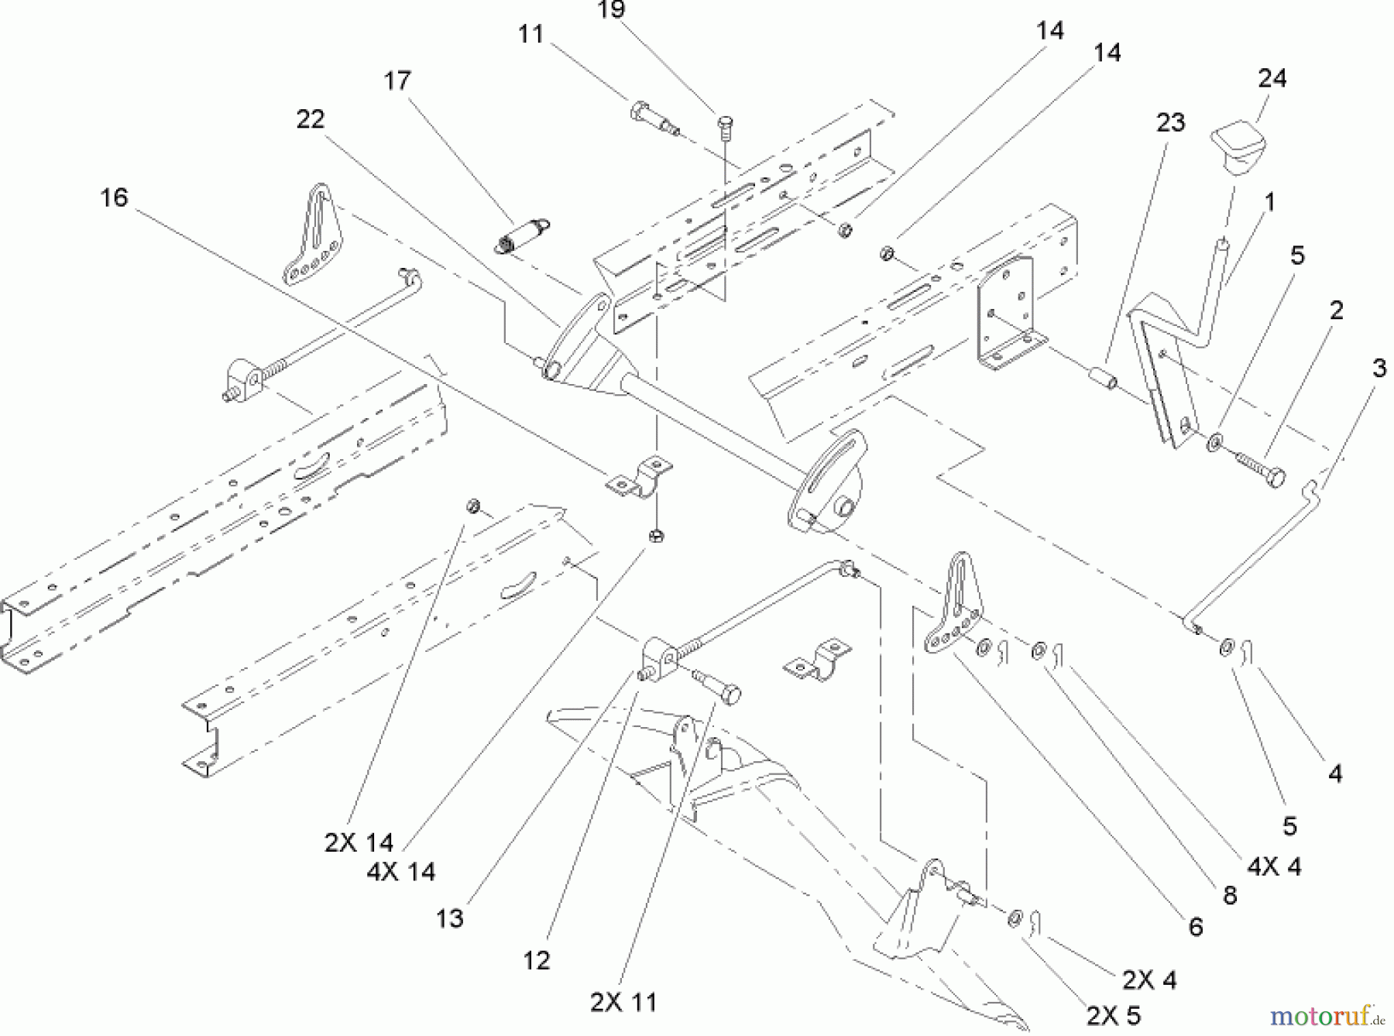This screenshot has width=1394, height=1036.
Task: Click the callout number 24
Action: (1272, 78)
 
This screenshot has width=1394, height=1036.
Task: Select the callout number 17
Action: (397, 81)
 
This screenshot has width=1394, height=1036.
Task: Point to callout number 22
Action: (310, 119)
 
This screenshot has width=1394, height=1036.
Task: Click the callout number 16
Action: (114, 197)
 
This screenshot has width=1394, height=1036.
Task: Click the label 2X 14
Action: (359, 842)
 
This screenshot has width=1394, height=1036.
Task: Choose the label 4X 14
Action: (401, 872)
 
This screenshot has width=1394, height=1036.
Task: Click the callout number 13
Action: (449, 918)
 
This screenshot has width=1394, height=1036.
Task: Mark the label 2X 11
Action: (623, 1002)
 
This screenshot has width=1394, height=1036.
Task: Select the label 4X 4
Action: (1274, 866)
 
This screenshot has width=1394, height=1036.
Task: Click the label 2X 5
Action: (1114, 1015)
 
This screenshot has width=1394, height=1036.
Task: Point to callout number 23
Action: (1170, 122)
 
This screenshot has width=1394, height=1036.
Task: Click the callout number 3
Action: (1379, 369)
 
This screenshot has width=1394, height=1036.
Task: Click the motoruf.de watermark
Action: (1329, 1014)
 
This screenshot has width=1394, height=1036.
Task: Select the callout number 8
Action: (1229, 895)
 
